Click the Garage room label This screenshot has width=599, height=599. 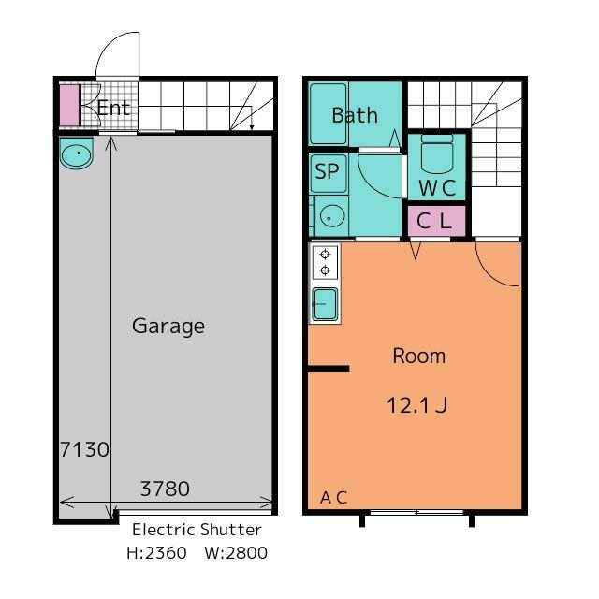tap(168, 327)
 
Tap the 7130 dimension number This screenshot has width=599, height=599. tap(85, 449)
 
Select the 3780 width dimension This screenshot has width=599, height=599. tap(165, 489)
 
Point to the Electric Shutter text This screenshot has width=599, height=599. tap(197, 530)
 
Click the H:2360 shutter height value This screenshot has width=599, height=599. tap(156, 553)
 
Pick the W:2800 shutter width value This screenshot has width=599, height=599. tap(236, 553)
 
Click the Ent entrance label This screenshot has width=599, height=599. tap(113, 108)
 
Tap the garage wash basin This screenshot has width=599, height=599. tap(77, 153)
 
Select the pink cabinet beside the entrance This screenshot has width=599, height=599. tap(69, 106)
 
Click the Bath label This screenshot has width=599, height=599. tap(355, 115)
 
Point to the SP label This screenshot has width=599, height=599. tap(327, 171)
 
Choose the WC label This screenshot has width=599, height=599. tap(437, 187)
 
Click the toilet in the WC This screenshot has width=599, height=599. tap(437, 153)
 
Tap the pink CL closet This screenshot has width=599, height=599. tap(437, 221)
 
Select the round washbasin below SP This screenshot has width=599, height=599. tap(332, 216)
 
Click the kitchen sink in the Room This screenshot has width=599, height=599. tap(325, 304)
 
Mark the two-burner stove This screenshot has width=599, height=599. tap(325, 262)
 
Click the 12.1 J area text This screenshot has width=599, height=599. tap(417, 405)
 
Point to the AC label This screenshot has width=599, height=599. tap(334, 497)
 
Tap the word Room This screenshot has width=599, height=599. tap(419, 356)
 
